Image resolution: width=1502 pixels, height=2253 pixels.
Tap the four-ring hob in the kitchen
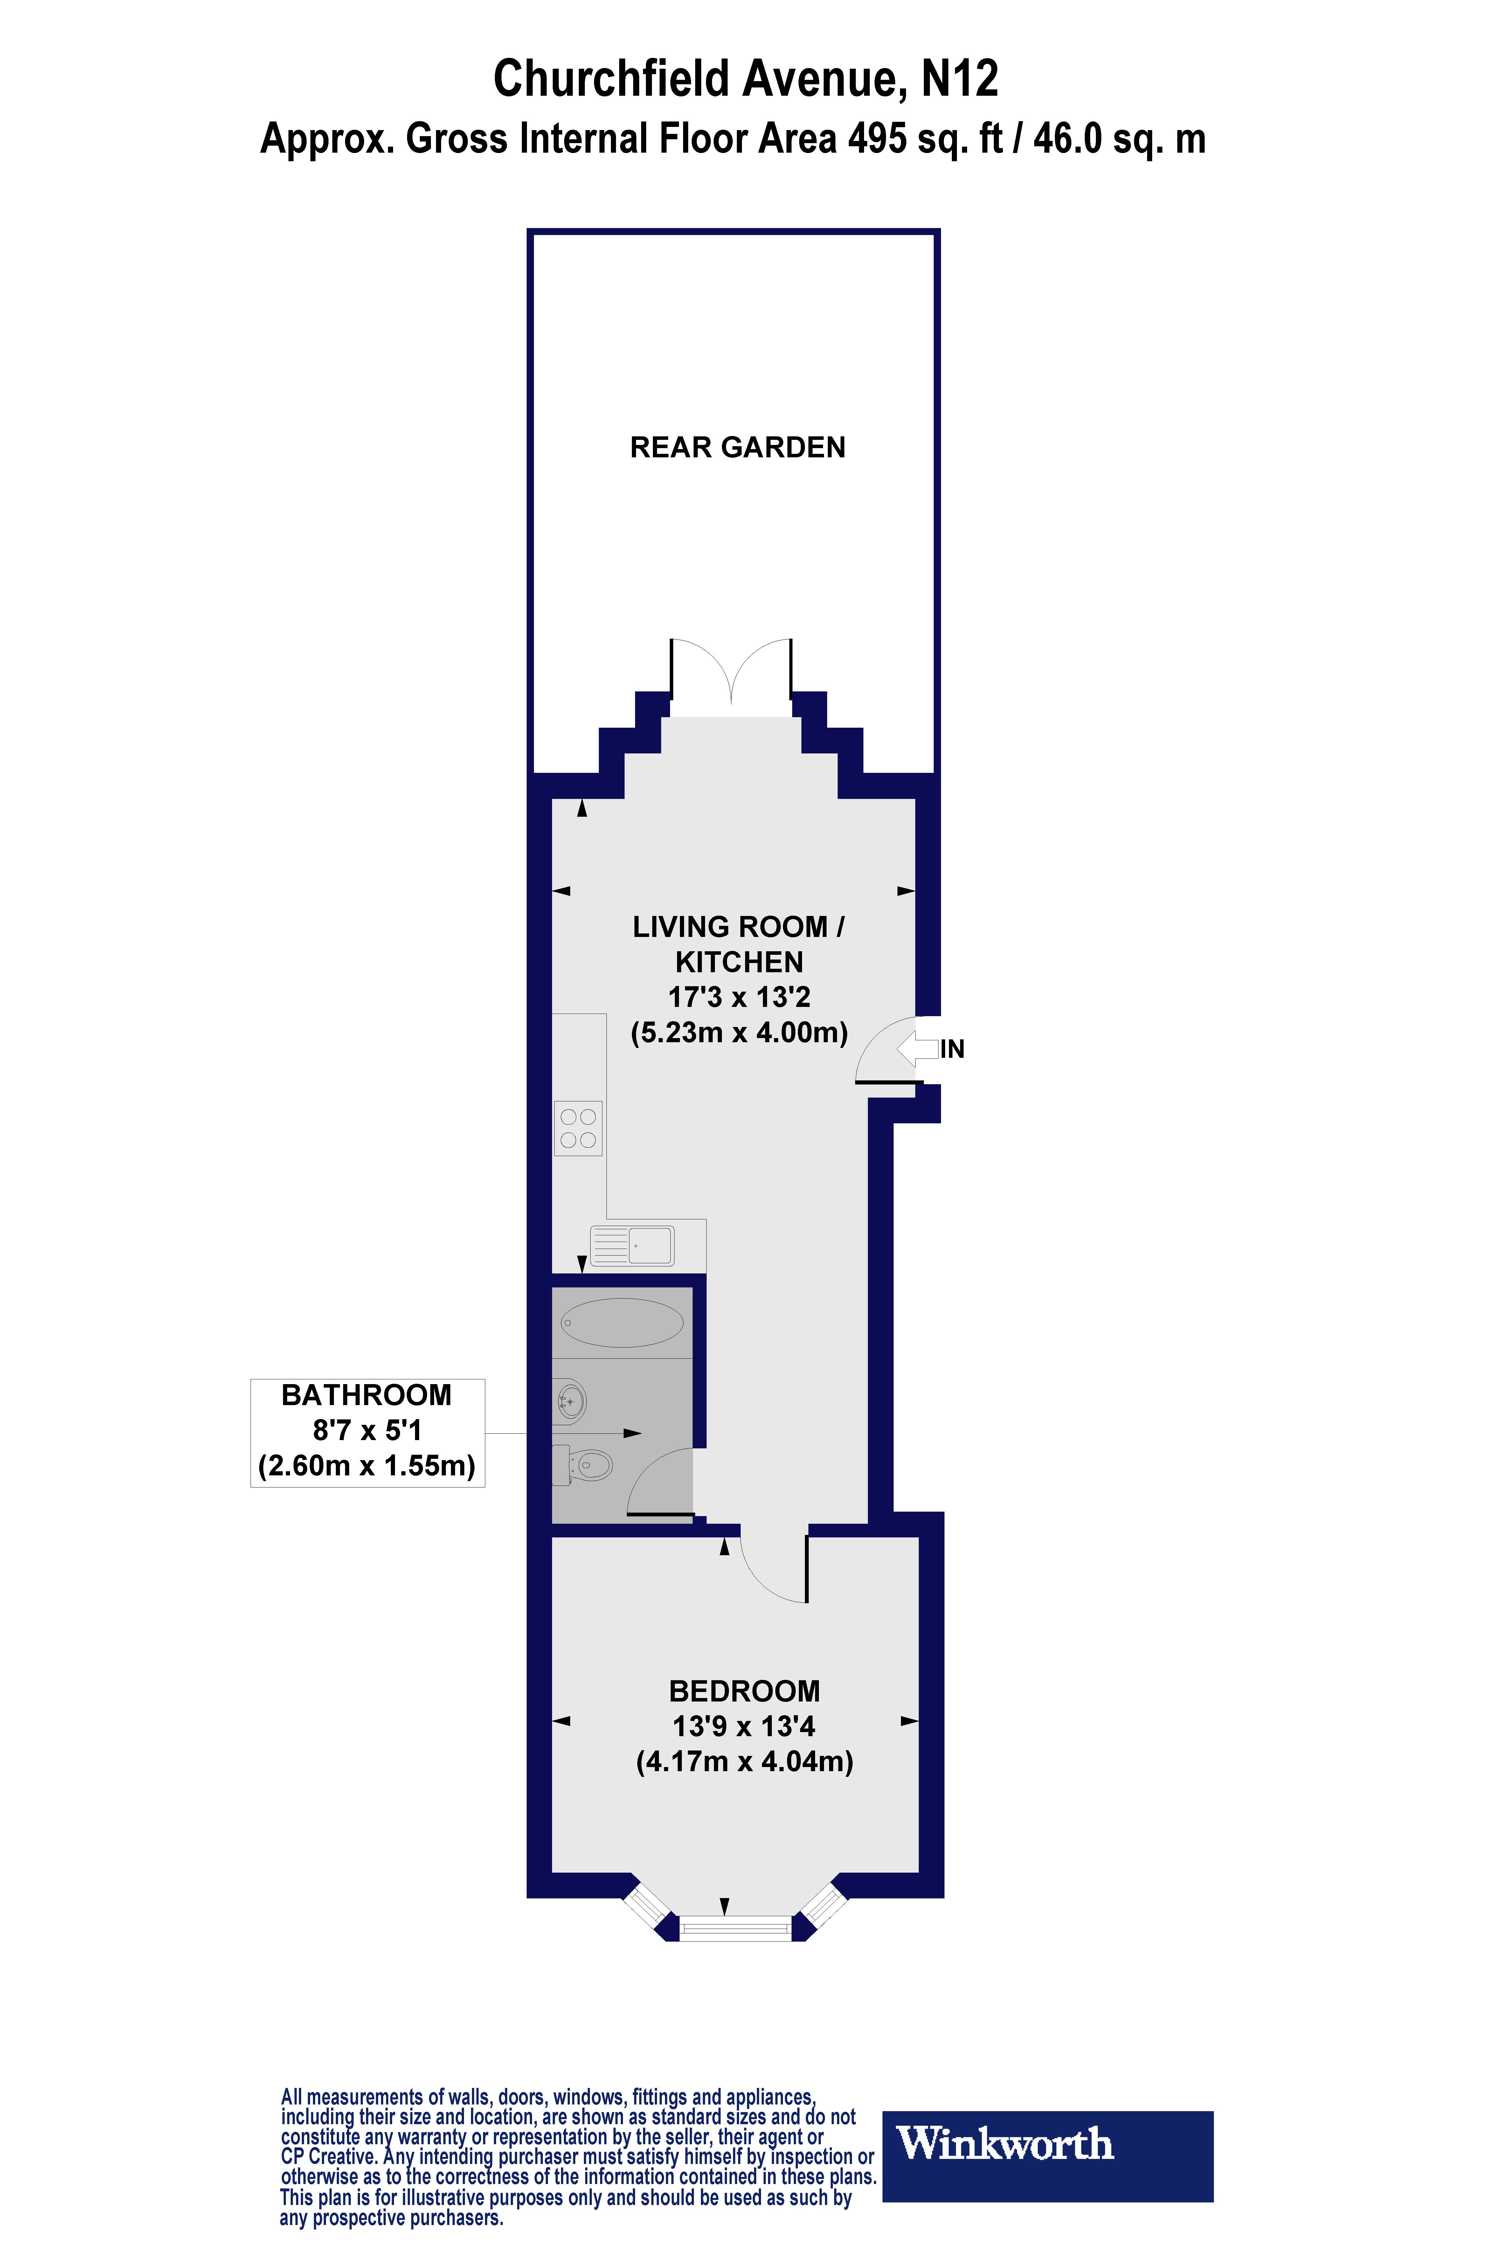click(x=578, y=1128)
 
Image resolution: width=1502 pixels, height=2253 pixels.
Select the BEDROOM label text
click(x=744, y=1691)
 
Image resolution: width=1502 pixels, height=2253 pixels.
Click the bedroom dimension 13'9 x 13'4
click(x=744, y=1726)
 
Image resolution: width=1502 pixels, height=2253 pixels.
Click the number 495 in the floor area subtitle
click(x=876, y=139)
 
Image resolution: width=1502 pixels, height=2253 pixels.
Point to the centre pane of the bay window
click(x=736, y=1927)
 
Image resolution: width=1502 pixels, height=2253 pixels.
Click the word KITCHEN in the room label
click(x=738, y=962)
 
